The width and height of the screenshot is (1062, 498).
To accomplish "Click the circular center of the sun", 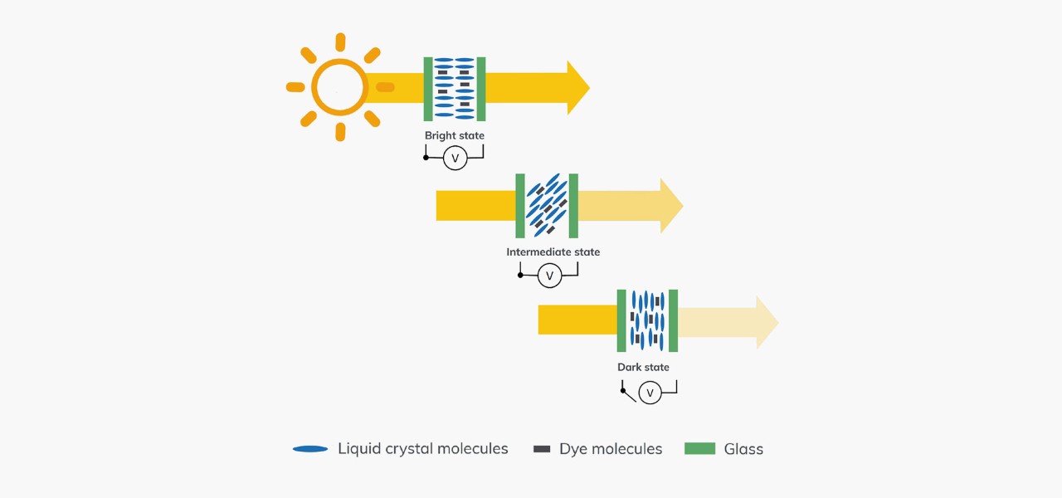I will click(339, 87).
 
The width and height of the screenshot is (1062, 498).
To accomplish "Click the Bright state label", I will click(454, 135).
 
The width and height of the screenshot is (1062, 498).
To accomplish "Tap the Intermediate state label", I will click(553, 251).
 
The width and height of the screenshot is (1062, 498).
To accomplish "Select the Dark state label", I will click(643, 367).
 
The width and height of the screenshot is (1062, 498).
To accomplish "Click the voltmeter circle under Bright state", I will click(455, 158).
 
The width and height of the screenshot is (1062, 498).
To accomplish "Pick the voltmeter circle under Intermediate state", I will click(549, 276).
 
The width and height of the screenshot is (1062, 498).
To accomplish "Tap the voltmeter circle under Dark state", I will click(650, 393).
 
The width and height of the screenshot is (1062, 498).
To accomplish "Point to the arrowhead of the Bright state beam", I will click(577, 87).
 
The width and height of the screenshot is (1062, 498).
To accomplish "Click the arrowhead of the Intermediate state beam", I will click(670, 206).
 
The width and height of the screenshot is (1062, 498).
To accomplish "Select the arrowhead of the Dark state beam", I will click(767, 322).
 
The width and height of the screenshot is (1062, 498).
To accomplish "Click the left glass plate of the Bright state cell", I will click(428, 89).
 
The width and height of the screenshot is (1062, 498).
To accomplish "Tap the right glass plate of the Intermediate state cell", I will click(573, 206).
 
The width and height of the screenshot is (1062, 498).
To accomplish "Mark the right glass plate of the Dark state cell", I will click(673, 320).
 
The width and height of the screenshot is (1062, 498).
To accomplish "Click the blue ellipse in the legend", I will click(310, 449).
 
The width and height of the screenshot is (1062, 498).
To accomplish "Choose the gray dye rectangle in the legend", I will click(542, 449).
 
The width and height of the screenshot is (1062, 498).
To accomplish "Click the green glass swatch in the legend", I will click(699, 449).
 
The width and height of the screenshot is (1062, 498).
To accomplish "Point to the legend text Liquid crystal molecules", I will click(422, 449).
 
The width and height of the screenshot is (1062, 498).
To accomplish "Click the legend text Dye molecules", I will click(611, 449).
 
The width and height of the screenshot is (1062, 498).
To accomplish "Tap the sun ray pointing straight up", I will click(339, 42).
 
